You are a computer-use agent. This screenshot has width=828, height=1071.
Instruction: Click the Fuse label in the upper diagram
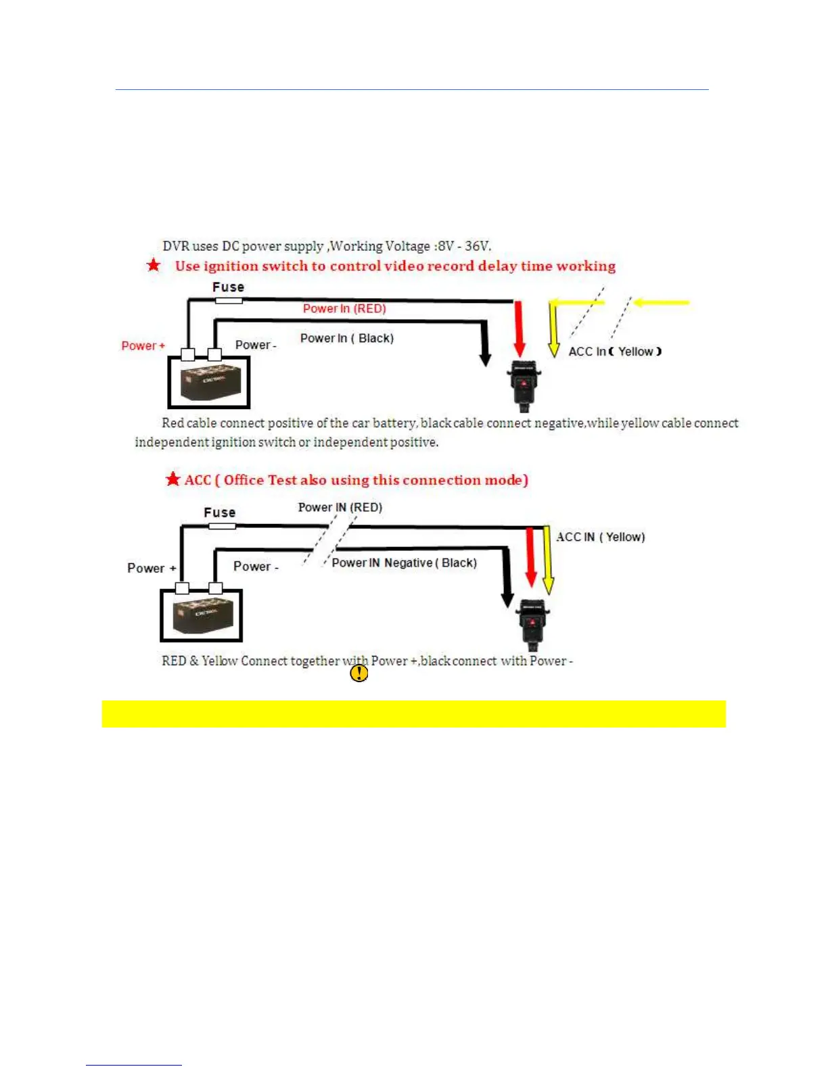pyautogui.click(x=228, y=287)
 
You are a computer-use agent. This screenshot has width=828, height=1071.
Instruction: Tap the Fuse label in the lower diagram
pyautogui.click(x=220, y=513)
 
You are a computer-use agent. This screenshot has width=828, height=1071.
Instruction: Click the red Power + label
pyautogui.click(x=143, y=346)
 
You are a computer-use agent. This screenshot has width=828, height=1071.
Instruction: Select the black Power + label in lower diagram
pyautogui.click(x=152, y=568)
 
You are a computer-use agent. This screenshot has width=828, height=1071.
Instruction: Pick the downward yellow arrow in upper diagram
pyautogui.click(x=553, y=331)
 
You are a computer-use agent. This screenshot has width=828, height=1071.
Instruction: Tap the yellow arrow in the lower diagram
pyautogui.click(x=548, y=561)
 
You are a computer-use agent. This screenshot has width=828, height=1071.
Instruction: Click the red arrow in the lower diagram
pyautogui.click(x=531, y=558)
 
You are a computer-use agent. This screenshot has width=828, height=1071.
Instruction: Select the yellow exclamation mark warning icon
pyautogui.click(x=359, y=673)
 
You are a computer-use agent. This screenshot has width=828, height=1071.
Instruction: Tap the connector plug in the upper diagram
pyautogui.click(x=524, y=386)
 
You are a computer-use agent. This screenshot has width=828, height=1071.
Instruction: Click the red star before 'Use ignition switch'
pyautogui.click(x=154, y=265)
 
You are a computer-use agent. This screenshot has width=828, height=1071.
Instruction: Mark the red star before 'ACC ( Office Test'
pyautogui.click(x=173, y=479)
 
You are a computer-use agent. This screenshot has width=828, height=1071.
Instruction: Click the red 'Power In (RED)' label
pyautogui.click(x=344, y=308)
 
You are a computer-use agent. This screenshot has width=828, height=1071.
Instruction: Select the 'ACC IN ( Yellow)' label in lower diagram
pyautogui.click(x=600, y=537)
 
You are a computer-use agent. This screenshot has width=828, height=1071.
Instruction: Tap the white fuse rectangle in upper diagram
pyautogui.click(x=229, y=300)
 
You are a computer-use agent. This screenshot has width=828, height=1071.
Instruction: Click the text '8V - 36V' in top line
pyautogui.click(x=464, y=246)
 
